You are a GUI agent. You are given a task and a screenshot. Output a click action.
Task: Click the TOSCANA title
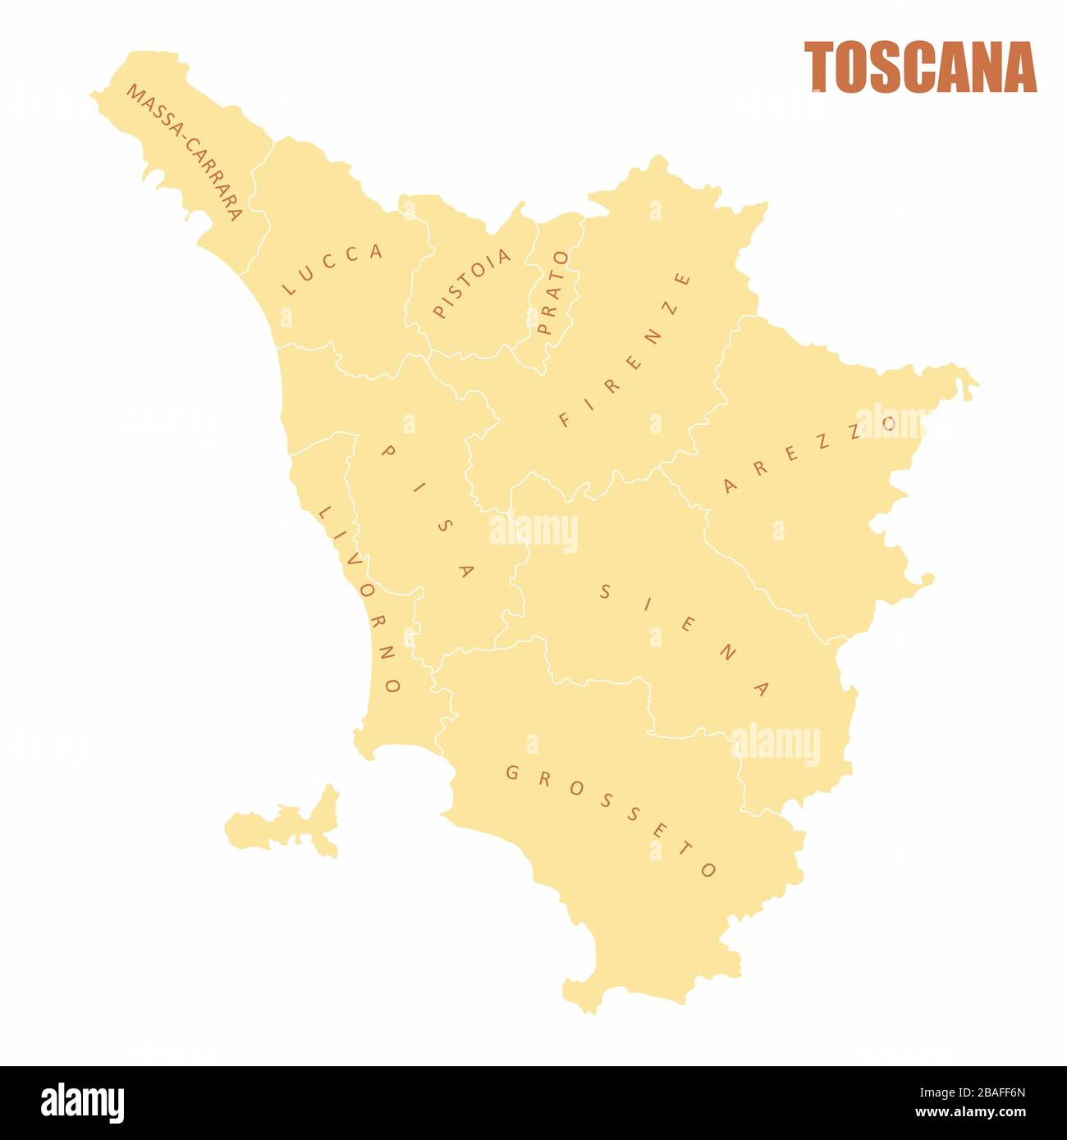click(x=920, y=67)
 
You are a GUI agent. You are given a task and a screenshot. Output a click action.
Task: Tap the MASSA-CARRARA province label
click(x=185, y=153)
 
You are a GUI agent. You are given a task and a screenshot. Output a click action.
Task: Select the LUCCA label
click(x=332, y=269)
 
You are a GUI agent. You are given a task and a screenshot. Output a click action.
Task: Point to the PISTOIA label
click(x=471, y=284)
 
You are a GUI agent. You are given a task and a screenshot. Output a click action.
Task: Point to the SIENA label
click(x=684, y=640)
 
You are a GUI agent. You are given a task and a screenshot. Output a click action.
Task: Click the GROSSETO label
click(x=611, y=820)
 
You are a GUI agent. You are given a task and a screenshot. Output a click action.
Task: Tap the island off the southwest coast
click(x=283, y=824)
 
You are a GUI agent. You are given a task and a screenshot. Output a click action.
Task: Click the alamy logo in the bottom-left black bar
click(x=83, y=1102)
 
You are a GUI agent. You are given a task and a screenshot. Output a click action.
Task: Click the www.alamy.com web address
click(x=971, y=1113)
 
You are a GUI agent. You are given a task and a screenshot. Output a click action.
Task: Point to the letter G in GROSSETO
click(x=511, y=773)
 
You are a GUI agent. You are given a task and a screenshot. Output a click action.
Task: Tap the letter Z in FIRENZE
click(x=673, y=308)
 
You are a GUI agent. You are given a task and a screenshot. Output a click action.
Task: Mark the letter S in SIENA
click(x=605, y=591)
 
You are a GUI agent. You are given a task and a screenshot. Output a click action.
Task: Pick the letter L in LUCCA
click(x=288, y=289)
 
